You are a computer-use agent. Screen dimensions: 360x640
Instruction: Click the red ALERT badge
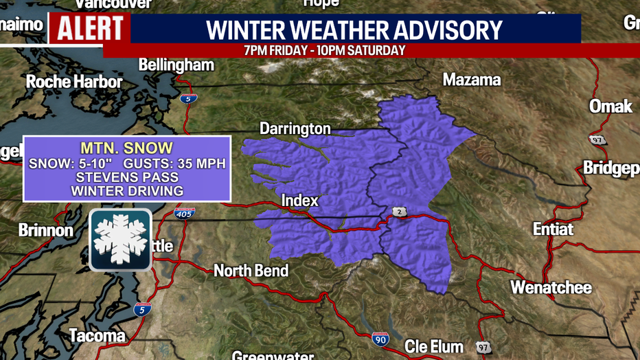(90, 28)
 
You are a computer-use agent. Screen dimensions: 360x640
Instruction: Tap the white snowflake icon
(121, 240)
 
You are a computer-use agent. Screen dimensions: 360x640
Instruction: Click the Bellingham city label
(176, 65)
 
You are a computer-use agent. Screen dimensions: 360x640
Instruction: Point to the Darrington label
(295, 128)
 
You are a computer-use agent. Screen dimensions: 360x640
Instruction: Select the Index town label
(300, 201)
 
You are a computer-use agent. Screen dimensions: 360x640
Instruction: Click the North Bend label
(251, 271)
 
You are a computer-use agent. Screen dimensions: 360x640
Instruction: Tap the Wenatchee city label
(551, 287)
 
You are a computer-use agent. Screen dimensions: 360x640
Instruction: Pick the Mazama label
(472, 80)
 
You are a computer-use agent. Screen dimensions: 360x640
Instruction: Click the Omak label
(610, 106)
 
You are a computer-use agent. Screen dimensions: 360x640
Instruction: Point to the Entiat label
(553, 229)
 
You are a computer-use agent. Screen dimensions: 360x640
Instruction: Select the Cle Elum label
(433, 346)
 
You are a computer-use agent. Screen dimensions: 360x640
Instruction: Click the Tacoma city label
(97, 335)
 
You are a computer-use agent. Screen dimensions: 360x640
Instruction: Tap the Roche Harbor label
(74, 82)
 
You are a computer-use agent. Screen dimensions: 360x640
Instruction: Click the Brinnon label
(45, 230)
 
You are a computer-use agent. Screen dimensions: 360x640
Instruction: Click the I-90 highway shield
(380, 337)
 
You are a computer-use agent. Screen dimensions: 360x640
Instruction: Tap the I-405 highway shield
(184, 213)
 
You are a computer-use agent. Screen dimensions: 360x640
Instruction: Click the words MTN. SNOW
(127, 148)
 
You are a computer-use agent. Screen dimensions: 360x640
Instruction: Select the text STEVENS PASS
(127, 177)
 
